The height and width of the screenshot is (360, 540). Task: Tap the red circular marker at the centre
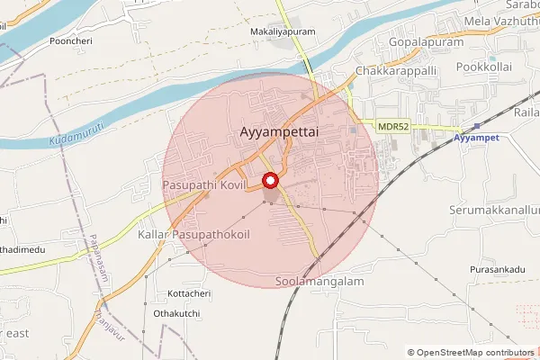pyautogui.click(x=270, y=180)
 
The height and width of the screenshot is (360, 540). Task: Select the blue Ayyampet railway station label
pyautogui.click(x=474, y=138)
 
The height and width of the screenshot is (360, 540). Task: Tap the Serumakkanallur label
pyautogui.click(x=493, y=209)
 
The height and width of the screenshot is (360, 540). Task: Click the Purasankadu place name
pyautogui.click(x=496, y=269)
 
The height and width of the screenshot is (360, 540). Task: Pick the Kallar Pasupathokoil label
pyautogui.click(x=193, y=234)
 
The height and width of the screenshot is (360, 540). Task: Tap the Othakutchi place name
pyautogui.click(x=186, y=313)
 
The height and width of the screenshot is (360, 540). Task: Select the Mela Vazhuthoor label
pyautogui.click(x=500, y=20)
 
